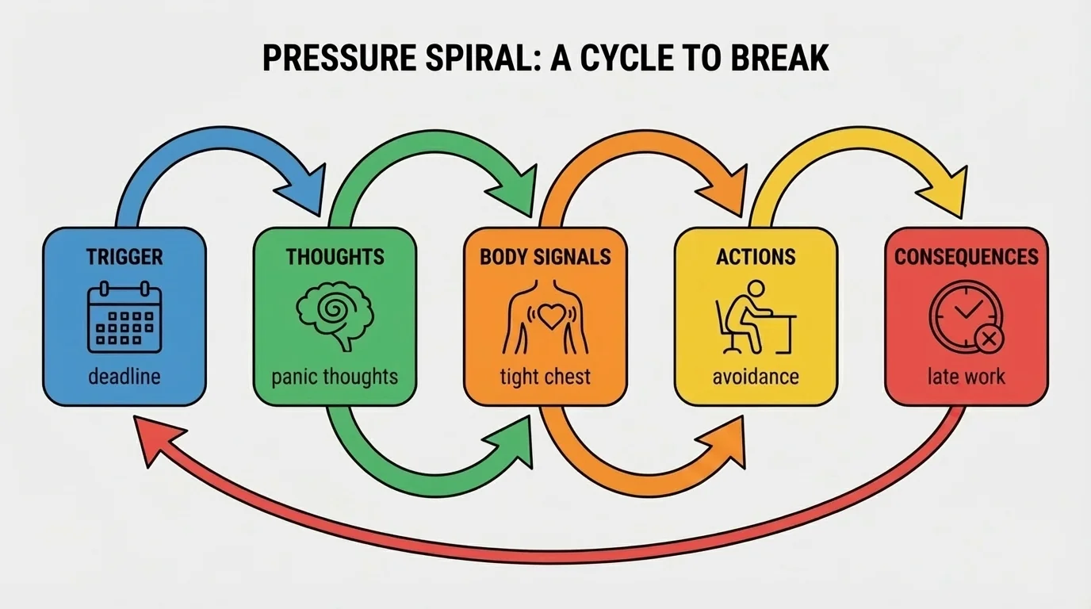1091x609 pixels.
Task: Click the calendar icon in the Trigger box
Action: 124,319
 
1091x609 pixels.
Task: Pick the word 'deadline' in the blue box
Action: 124,377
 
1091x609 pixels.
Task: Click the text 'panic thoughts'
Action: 334,376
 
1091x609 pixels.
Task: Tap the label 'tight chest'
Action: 545,376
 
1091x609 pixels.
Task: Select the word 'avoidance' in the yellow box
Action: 756,376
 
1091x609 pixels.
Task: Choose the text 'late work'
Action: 966,376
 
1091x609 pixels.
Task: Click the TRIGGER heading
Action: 124,257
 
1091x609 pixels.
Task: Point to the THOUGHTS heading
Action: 335,257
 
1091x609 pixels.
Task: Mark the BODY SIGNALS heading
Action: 545,257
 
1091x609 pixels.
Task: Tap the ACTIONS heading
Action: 756,257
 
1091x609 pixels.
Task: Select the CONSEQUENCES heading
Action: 966,257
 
